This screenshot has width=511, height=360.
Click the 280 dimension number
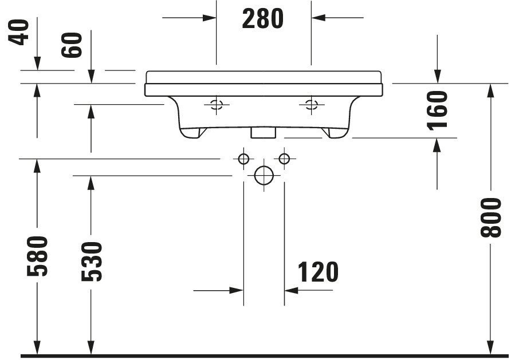pos(263,19)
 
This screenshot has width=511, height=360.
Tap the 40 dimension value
pos(18,32)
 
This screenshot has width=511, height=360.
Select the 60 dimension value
pos(72,45)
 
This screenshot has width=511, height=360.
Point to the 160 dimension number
pos(437,110)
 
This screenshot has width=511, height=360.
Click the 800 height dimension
pos(491,217)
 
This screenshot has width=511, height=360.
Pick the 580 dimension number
pos(37,256)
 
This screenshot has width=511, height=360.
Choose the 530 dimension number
pos(91,262)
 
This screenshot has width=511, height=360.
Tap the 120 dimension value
pos(318,272)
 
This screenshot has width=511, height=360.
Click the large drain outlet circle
pos(264,176)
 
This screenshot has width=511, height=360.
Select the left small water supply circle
pos(243,159)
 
